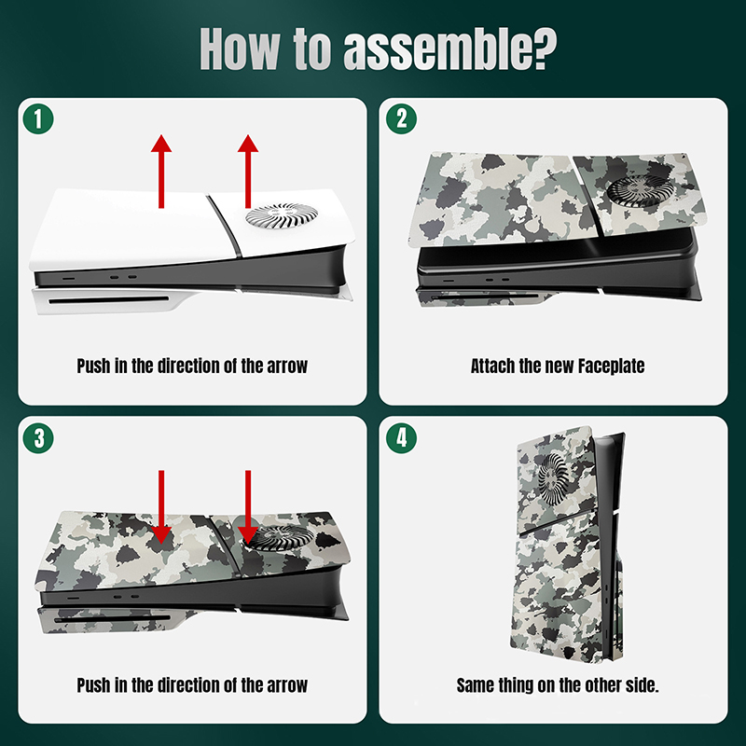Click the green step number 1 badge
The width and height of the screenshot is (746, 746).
[38, 119]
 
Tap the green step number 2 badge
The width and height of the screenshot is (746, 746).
[401, 119]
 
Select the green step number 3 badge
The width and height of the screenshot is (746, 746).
[38, 437]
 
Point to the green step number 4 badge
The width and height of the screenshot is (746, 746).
[401, 437]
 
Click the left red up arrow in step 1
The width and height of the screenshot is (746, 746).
[161, 172]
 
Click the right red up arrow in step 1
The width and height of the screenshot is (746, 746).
[248, 172]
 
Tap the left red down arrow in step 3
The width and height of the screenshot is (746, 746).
[161, 507]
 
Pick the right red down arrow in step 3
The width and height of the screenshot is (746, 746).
[248, 507]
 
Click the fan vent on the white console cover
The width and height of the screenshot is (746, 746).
[282, 216]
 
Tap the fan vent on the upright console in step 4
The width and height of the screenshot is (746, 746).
[554, 478]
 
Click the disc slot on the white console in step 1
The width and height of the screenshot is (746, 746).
[109, 300]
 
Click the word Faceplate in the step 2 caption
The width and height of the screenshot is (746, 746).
[611, 366]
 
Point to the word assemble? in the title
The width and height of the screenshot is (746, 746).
[449, 48]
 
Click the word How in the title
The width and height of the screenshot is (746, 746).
[240, 48]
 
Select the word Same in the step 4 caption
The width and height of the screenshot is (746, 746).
[475, 685]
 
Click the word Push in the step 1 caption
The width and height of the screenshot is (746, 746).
[93, 366]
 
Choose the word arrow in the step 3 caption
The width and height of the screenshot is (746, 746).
[287, 686]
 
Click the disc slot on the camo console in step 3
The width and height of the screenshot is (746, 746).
[112, 619]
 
